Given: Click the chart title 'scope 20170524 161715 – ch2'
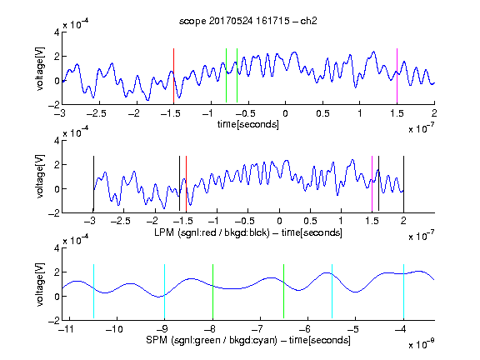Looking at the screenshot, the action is (x=248, y=21).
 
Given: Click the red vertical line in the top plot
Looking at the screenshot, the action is (x=173, y=76).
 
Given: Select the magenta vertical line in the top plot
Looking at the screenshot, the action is (x=397, y=76).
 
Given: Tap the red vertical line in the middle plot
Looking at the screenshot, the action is (x=186, y=183).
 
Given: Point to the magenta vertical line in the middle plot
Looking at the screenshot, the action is (x=372, y=183).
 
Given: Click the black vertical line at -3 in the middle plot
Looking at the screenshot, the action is (x=93, y=183).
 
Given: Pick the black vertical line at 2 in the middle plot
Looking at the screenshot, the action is (x=403, y=183).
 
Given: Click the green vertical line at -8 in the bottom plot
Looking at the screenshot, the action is (x=212, y=291).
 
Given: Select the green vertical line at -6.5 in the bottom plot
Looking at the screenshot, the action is (x=284, y=291).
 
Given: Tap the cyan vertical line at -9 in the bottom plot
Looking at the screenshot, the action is (x=164, y=291).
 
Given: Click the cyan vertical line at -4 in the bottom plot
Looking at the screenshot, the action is (x=403, y=291).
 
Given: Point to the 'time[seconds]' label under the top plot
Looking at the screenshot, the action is (x=248, y=124).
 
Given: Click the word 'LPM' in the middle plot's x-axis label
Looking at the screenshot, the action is (x=164, y=232).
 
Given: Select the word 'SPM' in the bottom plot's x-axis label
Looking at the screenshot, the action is (x=157, y=340).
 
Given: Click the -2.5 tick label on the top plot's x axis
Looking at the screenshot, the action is (x=97, y=113).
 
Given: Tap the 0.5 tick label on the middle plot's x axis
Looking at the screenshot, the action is (x=310, y=221).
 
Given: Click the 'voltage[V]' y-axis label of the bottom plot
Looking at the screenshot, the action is (x=40, y=284).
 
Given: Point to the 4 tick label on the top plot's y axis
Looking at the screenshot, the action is (x=57, y=32).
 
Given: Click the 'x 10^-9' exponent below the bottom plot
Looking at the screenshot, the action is (x=421, y=344).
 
